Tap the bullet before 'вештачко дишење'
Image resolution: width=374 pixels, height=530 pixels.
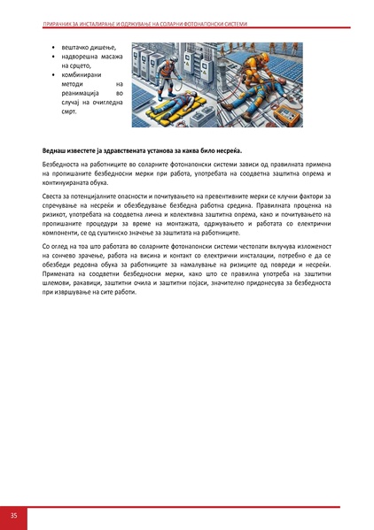53,46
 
